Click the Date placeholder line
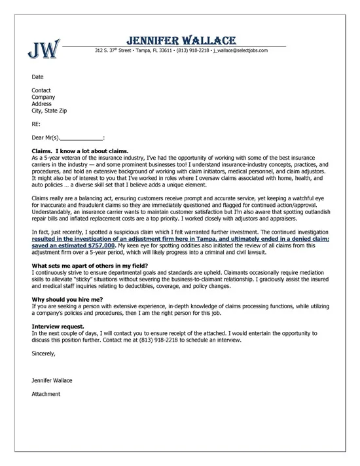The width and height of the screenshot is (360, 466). pos(37,77)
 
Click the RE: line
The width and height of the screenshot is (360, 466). pos(36,123)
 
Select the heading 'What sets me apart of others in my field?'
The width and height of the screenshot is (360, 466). pos(90,265)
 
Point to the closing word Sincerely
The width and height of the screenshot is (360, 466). pos(44,353)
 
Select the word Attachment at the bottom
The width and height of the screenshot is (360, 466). pos(46,394)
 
